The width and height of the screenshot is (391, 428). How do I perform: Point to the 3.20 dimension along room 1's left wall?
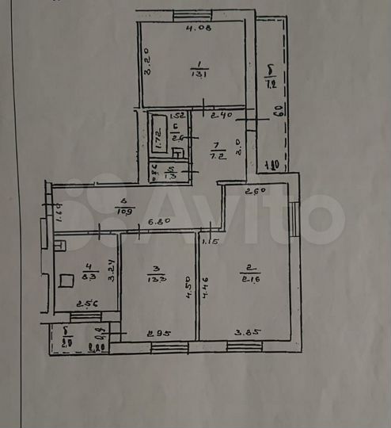point(146,61)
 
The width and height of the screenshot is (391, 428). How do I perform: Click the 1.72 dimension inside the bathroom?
point(158,139)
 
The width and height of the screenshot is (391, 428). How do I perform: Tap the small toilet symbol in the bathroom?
point(178,152)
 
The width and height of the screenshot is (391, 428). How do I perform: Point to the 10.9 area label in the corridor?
point(123,212)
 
